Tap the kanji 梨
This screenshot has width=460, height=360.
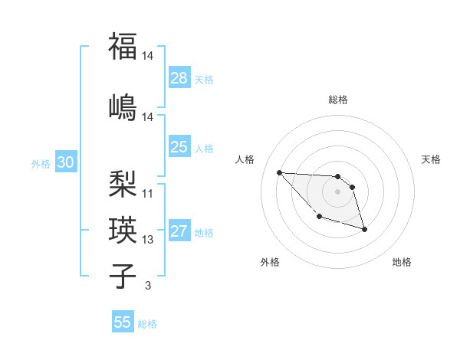point(123,183)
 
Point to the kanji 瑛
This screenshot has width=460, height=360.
point(123,229)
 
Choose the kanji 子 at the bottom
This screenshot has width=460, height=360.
point(123,275)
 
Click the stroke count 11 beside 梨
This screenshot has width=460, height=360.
point(148,194)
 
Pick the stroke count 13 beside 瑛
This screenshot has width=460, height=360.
point(148,240)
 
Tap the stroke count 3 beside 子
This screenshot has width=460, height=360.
point(148,286)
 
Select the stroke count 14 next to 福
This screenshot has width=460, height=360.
point(148,57)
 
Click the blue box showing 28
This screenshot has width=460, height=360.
point(179,77)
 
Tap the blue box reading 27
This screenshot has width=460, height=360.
point(179,231)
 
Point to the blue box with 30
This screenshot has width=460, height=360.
point(65,162)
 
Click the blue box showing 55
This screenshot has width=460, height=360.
point(123,322)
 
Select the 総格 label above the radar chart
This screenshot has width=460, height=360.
point(338,100)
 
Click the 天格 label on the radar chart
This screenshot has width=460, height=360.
point(432,159)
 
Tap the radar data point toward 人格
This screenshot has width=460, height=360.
point(279,172)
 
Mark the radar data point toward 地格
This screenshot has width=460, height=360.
point(364,229)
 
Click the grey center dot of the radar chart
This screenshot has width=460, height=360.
point(338,191)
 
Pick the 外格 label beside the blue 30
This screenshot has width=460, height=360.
point(40,163)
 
